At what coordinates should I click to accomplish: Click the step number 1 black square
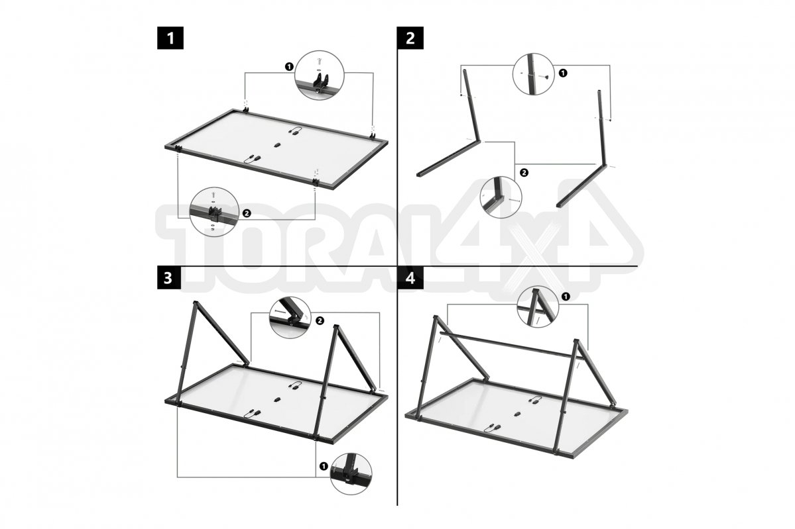coord(170,37)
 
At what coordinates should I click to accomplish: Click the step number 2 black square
coord(410,37)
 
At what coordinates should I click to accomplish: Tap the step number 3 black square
coord(168,278)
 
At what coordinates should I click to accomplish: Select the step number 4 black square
coord(410,278)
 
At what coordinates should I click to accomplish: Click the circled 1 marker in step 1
coord(289,66)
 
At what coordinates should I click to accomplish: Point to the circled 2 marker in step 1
coord(247,213)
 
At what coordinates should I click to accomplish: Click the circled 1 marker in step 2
coord(563,73)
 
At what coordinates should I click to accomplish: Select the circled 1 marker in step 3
coord(324,466)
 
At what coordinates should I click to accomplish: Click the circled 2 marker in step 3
coord(320,320)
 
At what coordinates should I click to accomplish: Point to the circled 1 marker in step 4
coord(566,295)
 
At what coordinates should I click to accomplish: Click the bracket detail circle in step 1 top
coord(320,75)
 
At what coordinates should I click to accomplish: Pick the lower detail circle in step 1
coord(214,212)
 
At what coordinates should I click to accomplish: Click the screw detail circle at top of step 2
coord(533,74)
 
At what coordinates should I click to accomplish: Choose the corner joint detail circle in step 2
coord(501,197)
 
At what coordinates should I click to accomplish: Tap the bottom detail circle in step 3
coord(351,474)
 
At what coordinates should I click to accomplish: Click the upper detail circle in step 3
coord(290,317)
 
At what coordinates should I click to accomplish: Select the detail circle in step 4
coord(538,307)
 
